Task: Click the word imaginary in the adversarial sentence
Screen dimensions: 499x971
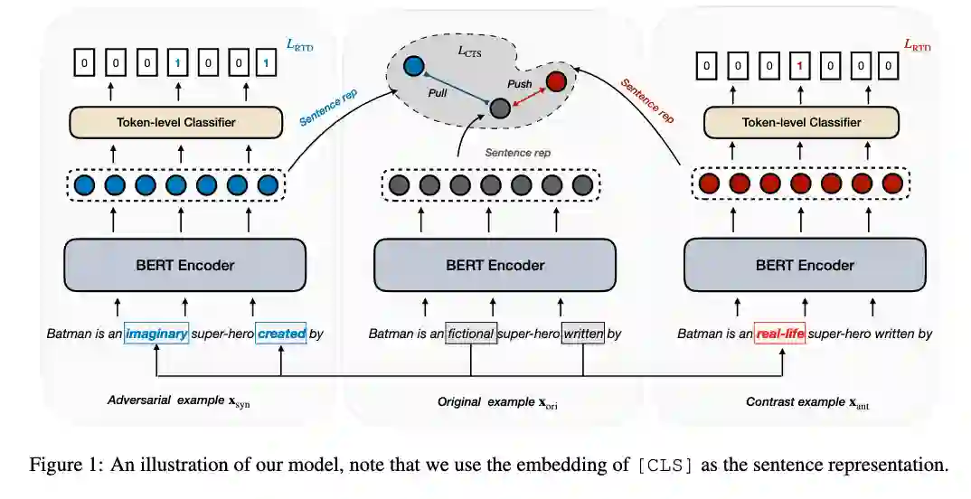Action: point(156,334)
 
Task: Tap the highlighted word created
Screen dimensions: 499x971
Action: point(281,334)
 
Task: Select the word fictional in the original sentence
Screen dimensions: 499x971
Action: point(471,334)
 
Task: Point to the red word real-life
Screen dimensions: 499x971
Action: point(778,334)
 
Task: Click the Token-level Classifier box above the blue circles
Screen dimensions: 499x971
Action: point(177,122)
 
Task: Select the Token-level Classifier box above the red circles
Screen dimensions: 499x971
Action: point(801,122)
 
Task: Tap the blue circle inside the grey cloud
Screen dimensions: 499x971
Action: point(415,65)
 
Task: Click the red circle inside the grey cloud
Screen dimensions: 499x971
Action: point(556,81)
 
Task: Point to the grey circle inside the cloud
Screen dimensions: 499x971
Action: point(499,108)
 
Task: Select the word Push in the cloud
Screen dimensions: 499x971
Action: point(520,83)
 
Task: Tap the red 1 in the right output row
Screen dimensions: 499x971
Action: point(799,64)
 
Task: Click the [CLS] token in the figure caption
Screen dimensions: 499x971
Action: point(665,466)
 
